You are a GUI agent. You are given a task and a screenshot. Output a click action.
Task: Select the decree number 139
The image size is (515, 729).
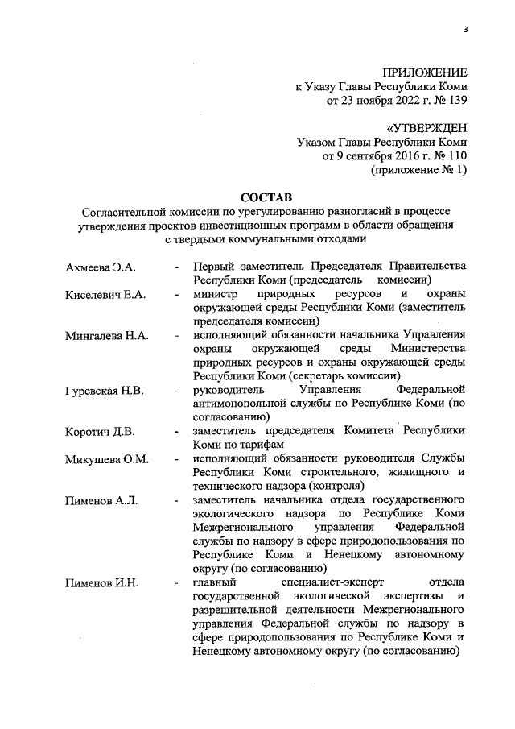(x=455, y=101)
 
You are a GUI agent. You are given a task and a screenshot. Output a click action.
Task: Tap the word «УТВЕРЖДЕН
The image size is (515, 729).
(x=426, y=129)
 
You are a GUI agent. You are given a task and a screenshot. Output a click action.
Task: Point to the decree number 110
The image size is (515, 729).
(x=455, y=157)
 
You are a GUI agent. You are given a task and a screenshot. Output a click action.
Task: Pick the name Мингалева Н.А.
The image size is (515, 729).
(x=106, y=336)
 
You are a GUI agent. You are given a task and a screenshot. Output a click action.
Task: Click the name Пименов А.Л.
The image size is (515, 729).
(x=101, y=500)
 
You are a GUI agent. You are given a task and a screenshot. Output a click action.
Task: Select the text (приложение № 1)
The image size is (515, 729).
(x=418, y=171)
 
